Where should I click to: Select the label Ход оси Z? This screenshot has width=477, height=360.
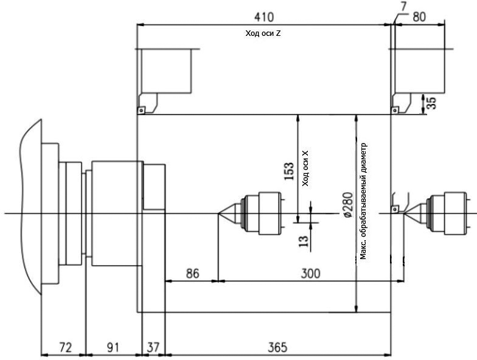tap(262, 34)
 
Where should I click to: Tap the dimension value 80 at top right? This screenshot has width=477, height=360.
tap(419, 16)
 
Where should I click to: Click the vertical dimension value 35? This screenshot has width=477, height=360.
tap(431, 103)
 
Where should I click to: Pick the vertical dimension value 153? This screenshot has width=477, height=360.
tap(289, 171)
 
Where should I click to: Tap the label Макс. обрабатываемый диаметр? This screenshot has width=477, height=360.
tap(363, 201)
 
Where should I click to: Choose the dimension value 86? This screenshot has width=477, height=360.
tap(192, 274)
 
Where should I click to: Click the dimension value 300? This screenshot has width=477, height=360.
tap(310, 274)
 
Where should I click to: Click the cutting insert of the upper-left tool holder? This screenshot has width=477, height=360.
tap(140, 110)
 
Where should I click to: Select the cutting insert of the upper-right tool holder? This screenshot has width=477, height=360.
tap(394, 110)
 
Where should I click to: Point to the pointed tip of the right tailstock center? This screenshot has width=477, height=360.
tap(402, 213)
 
